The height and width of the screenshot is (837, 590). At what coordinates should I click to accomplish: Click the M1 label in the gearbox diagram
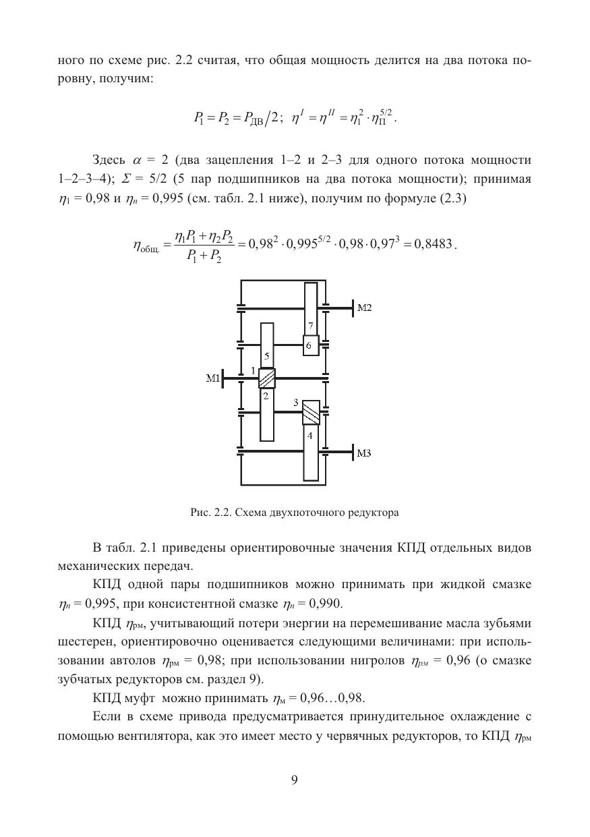(x=212, y=379)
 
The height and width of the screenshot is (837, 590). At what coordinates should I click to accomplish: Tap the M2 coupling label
(x=364, y=308)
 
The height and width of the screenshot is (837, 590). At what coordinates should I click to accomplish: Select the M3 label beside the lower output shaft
(x=364, y=453)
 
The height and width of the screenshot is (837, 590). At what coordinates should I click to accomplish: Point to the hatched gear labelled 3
(x=310, y=412)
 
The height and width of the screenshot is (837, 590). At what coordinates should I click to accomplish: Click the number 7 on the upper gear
(x=310, y=326)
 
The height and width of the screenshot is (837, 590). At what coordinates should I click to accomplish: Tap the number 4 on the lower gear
(x=310, y=436)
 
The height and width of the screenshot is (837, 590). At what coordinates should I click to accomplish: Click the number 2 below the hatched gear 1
(x=266, y=397)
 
